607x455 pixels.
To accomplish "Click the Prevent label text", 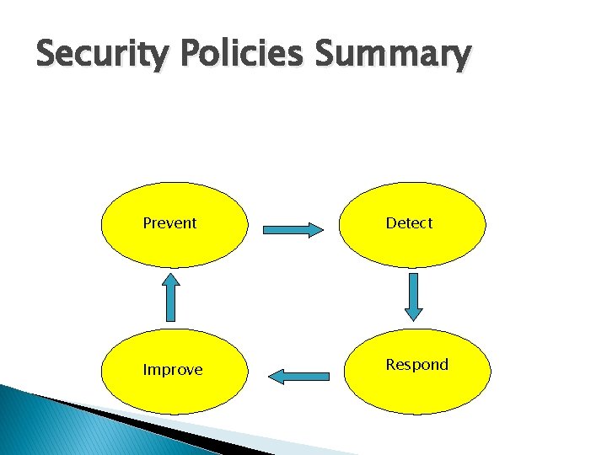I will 169,223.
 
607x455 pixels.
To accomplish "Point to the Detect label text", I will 409,223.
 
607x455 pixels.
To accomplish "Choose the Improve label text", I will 172,370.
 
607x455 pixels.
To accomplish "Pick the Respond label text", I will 416,365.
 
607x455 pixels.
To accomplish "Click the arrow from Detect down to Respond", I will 413,296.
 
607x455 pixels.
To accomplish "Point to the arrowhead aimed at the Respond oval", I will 413,313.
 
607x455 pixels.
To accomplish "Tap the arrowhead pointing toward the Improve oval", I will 277,376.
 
